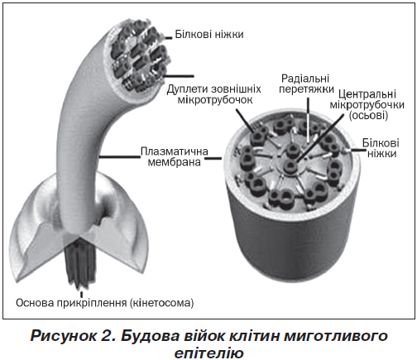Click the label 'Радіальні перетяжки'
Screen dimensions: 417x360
[x=306, y=84]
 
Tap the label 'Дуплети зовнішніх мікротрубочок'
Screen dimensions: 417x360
[x=214, y=94]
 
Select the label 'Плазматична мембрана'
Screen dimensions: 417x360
[x=175, y=156]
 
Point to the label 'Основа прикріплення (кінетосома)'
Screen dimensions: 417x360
[x=105, y=303]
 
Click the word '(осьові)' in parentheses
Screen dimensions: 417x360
[x=368, y=115]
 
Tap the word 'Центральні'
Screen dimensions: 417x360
[x=367, y=94]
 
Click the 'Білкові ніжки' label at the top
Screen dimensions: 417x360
[x=209, y=34]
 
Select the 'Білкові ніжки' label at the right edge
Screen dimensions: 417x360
[x=381, y=148]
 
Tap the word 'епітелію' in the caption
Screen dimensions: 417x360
[x=208, y=353]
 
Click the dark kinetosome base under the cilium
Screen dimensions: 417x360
[x=80, y=265]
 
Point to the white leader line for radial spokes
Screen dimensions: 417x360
[x=309, y=122]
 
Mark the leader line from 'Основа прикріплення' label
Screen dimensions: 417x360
[x=81, y=293]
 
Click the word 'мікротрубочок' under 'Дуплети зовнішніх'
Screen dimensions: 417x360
[x=215, y=99]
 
